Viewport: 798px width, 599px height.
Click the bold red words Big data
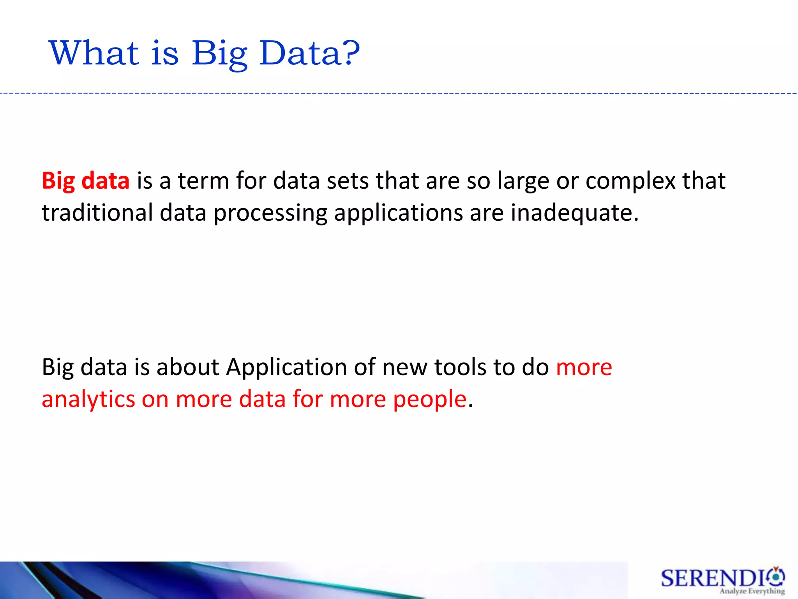coord(85,181)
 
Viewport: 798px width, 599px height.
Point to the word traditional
coord(97,213)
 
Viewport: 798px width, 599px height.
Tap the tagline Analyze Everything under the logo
coord(752,591)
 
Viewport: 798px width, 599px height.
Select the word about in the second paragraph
coord(188,367)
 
